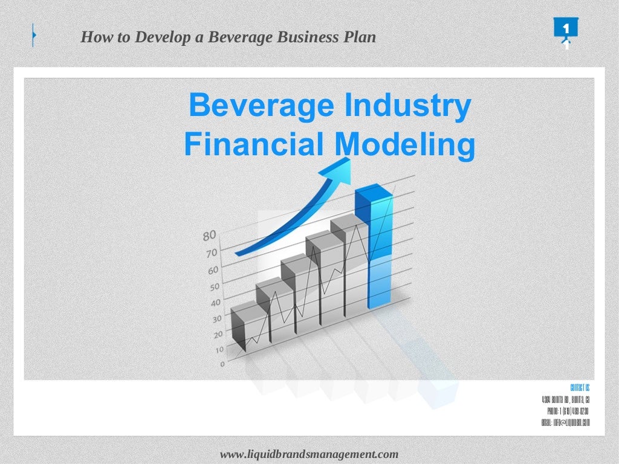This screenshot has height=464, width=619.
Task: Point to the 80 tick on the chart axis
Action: click(209, 235)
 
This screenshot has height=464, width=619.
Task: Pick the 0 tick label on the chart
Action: click(222, 364)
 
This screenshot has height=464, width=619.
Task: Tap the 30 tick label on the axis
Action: click(217, 317)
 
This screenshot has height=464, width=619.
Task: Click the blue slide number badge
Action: click(565, 30)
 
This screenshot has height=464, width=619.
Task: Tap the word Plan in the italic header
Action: click(360, 37)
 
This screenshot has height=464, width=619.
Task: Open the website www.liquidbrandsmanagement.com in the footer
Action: click(309, 454)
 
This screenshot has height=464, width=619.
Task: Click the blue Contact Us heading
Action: click(580, 387)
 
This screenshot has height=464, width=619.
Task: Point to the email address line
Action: click(566, 422)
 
